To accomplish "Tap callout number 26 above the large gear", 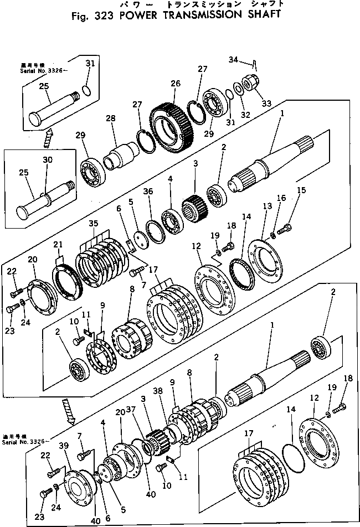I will [176, 84].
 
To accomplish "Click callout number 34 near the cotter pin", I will [233, 59].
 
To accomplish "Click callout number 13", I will [268, 206].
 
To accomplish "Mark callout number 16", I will [281, 197].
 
